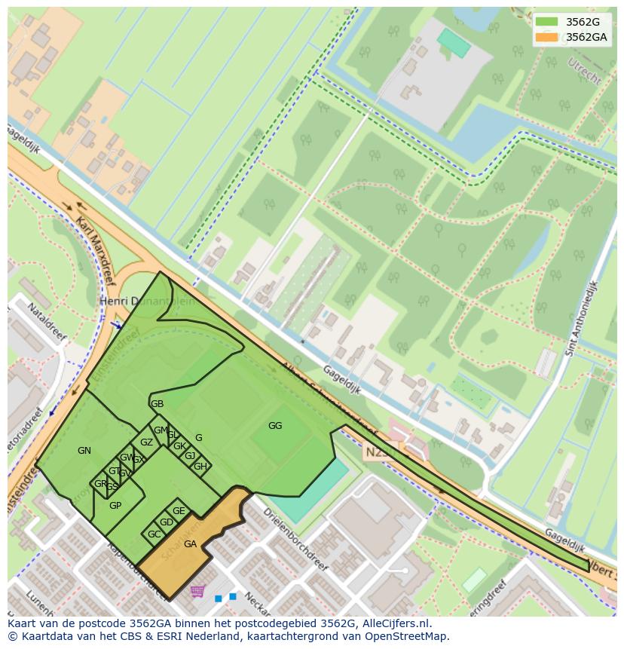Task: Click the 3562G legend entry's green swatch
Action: pyautogui.click(x=548, y=22)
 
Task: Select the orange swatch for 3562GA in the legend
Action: pyautogui.click(x=548, y=37)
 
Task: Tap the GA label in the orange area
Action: pyautogui.click(x=190, y=544)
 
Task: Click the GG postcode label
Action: pyautogui.click(x=275, y=426)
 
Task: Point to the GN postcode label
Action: pyautogui.click(x=84, y=451)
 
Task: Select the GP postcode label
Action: pyautogui.click(x=115, y=506)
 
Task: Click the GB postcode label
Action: pyautogui.click(x=157, y=404)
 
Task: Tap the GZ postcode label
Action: pyautogui.click(x=146, y=442)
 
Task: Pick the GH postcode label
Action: pyautogui.click(x=200, y=467)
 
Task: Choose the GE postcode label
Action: pyautogui.click(x=179, y=511)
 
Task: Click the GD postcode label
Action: pyautogui.click(x=167, y=522)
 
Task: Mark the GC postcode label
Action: pyautogui.click(x=154, y=534)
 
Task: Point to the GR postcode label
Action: pyautogui.click(x=100, y=484)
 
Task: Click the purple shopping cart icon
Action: pyautogui.click(x=197, y=591)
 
